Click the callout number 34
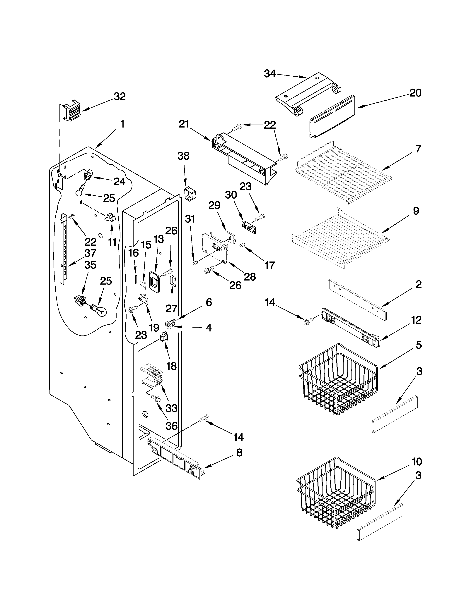coord(269,74)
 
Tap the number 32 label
coord(120,97)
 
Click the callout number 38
coord(183,156)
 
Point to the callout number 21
coord(184,124)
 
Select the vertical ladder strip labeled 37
coord(64,248)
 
